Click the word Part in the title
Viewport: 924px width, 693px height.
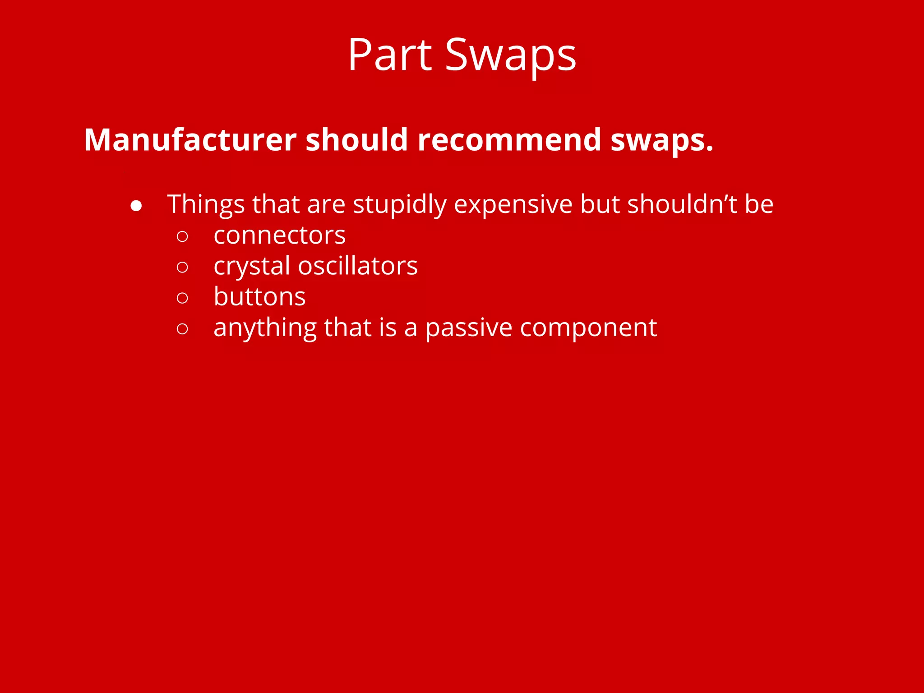(390, 55)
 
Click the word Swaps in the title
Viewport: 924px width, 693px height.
(511, 55)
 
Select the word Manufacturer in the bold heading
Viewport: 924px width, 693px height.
(190, 139)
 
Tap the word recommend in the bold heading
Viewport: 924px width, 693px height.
(509, 139)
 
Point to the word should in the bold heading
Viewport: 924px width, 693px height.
(357, 139)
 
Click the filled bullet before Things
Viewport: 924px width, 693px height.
(136, 206)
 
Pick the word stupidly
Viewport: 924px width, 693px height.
(399, 204)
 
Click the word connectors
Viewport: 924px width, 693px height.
(280, 236)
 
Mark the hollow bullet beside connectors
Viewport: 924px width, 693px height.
(182, 236)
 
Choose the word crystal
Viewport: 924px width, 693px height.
(252, 266)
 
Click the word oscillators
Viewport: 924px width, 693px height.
(358, 265)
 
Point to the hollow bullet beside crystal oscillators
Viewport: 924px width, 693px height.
(182, 267)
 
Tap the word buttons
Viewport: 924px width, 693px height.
(259, 296)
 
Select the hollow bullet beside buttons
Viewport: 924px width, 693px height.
(182, 298)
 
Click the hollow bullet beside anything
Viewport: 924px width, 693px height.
(182, 328)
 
